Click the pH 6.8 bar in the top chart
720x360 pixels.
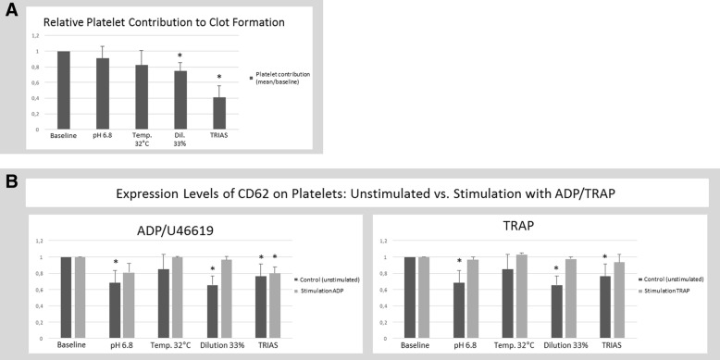click(103, 93)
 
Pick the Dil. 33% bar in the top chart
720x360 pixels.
click(180, 100)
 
